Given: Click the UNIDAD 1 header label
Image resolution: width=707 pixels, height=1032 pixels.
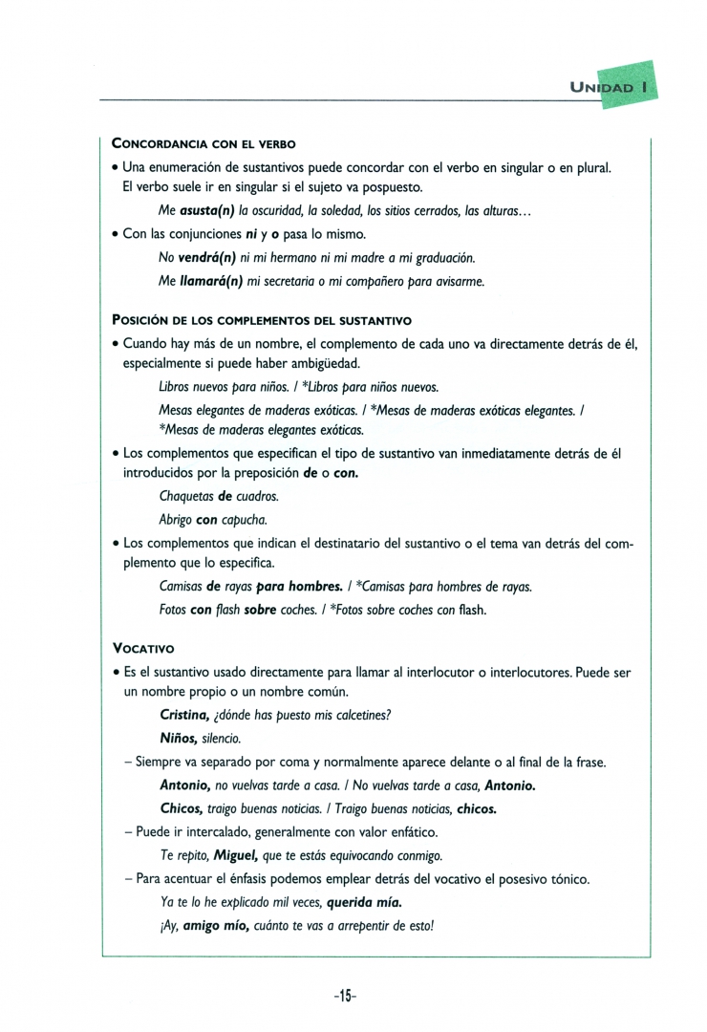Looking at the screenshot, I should click(610, 87).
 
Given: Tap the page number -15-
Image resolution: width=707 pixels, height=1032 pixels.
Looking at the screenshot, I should click(346, 995).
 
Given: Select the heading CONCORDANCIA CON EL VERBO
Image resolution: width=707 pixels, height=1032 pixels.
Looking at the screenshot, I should click(204, 144).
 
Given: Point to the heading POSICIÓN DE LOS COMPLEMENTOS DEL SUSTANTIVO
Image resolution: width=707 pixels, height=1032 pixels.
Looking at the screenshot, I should click(262, 319).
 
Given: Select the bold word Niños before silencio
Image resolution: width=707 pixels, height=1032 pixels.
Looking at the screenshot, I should click(179, 739).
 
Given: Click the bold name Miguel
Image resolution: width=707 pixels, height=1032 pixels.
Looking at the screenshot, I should click(237, 855).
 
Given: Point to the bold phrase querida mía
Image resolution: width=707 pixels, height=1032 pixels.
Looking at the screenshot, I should click(364, 902).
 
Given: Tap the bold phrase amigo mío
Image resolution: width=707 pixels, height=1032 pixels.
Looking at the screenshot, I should click(215, 925).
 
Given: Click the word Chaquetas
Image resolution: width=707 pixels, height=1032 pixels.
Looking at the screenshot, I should click(186, 497).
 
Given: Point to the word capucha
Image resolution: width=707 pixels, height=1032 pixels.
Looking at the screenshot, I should click(245, 521).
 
